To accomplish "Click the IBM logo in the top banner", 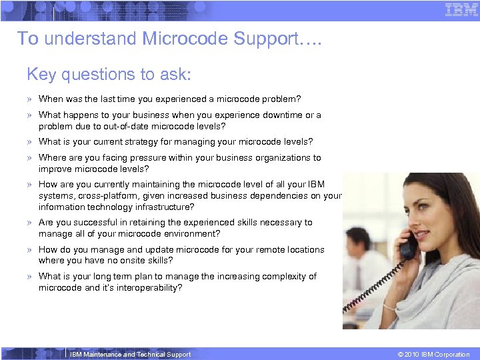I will (461, 10).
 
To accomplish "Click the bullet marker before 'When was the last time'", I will (30, 99).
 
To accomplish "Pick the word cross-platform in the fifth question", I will (105, 196).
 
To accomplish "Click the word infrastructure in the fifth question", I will (163, 207).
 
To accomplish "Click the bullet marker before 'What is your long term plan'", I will (30, 277).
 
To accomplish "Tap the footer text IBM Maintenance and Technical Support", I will (130, 355).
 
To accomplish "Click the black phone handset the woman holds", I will (407, 248).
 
